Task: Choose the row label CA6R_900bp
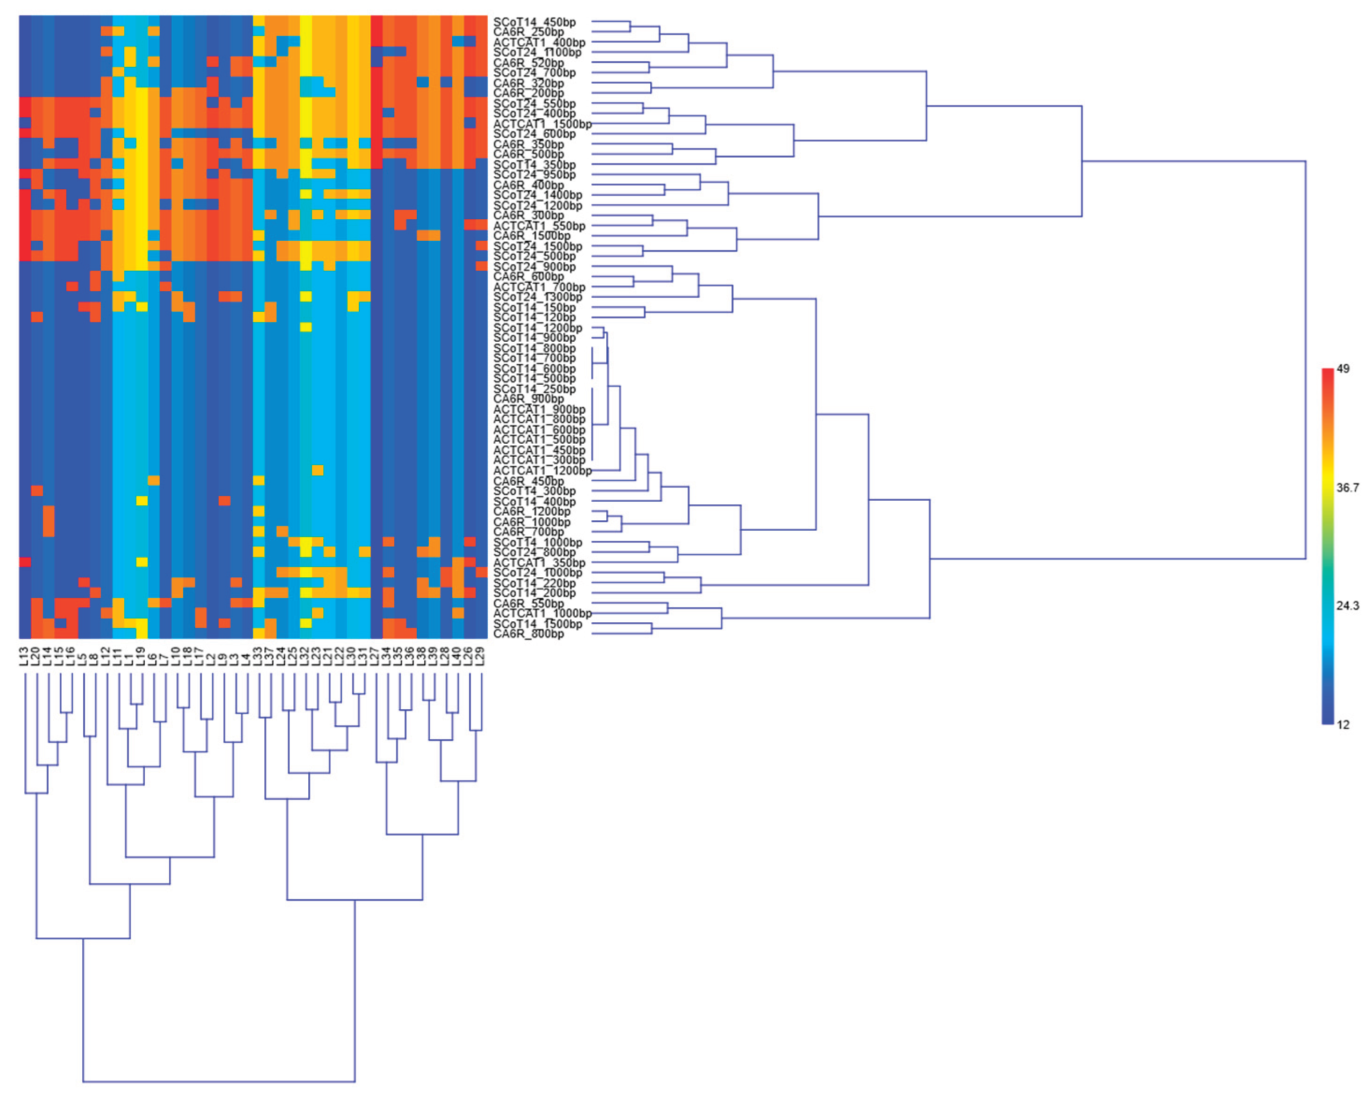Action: tap(528, 399)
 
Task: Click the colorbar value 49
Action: tap(1343, 369)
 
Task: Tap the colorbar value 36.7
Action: tap(1347, 488)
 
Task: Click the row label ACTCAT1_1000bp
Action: tap(542, 613)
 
